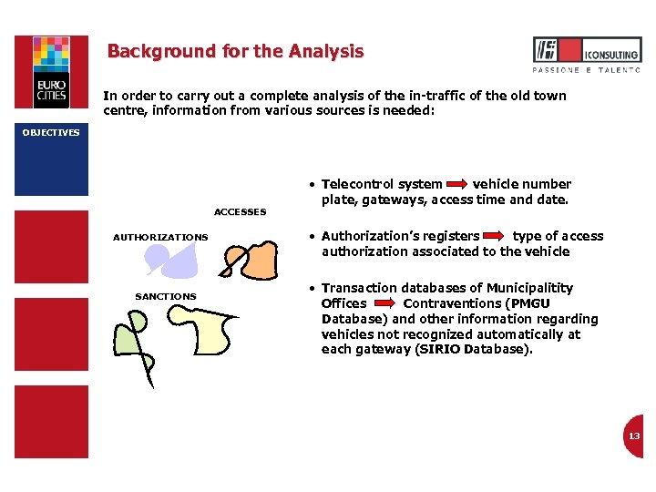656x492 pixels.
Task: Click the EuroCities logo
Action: (51, 72)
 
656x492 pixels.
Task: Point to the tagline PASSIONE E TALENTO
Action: (586, 70)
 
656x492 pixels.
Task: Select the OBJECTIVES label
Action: (51, 133)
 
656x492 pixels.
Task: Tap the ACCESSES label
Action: (240, 212)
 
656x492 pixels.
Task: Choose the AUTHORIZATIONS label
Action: (160, 238)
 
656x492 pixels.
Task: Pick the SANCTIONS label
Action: (165, 297)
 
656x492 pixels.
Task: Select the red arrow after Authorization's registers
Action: (496, 237)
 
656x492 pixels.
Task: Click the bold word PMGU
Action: (530, 303)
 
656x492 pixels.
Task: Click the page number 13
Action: (633, 436)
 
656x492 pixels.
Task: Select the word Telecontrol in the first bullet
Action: (357, 185)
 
